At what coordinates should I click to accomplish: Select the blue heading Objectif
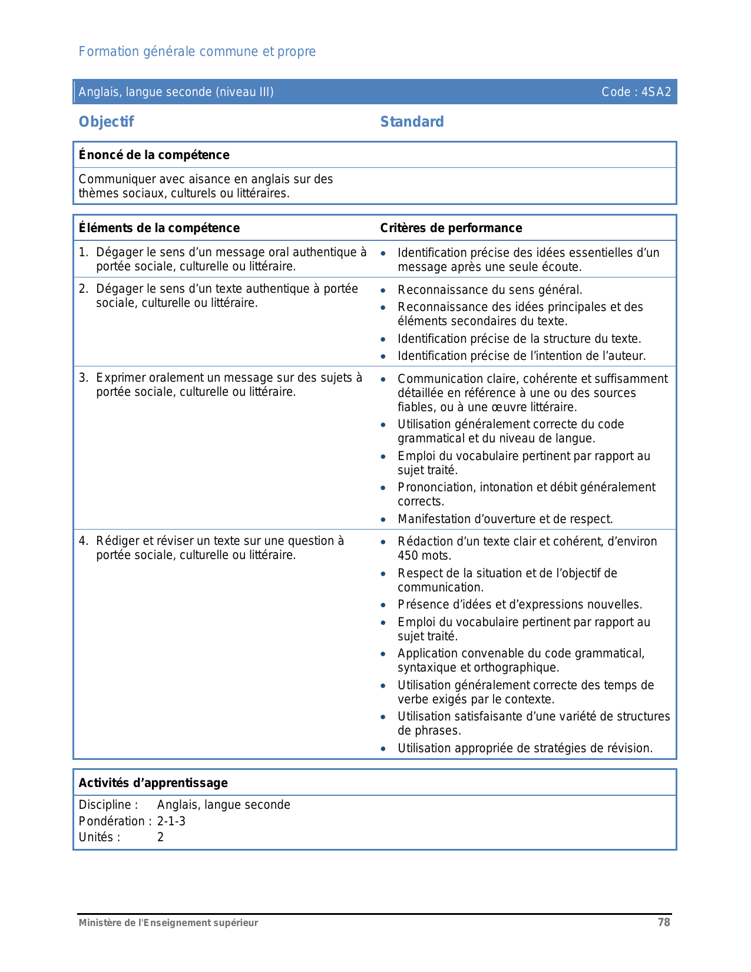tap(106, 122)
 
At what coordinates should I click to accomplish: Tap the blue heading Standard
tap(412, 122)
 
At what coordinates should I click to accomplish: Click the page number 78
tap(664, 923)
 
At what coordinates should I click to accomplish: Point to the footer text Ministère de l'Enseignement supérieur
tap(168, 923)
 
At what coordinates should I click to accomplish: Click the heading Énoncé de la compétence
tap(154, 155)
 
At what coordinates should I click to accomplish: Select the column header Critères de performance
tap(451, 228)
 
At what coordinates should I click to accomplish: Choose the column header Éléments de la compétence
tap(159, 228)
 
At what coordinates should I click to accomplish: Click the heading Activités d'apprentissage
tap(153, 783)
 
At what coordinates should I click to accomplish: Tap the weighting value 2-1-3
tap(171, 821)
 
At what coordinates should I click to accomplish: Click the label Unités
tap(99, 837)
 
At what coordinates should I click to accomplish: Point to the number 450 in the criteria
tap(408, 556)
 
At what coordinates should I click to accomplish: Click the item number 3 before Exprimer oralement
tap(83, 378)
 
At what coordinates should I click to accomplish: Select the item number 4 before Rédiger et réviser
tap(83, 541)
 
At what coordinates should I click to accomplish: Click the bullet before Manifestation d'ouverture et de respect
tap(383, 520)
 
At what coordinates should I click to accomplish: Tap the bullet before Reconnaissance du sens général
tap(383, 290)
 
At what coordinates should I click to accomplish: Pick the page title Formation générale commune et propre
tap(197, 52)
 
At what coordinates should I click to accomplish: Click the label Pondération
tap(112, 821)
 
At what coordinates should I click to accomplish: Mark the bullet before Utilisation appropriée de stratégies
tap(383, 749)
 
